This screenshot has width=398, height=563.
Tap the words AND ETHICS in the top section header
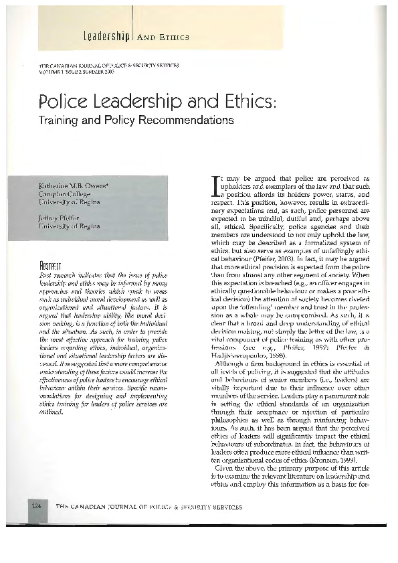[163, 37]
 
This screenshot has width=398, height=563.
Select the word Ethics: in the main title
[243, 104]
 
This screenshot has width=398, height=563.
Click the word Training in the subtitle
[62, 121]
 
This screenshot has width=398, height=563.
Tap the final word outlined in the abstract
[52, 412]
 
